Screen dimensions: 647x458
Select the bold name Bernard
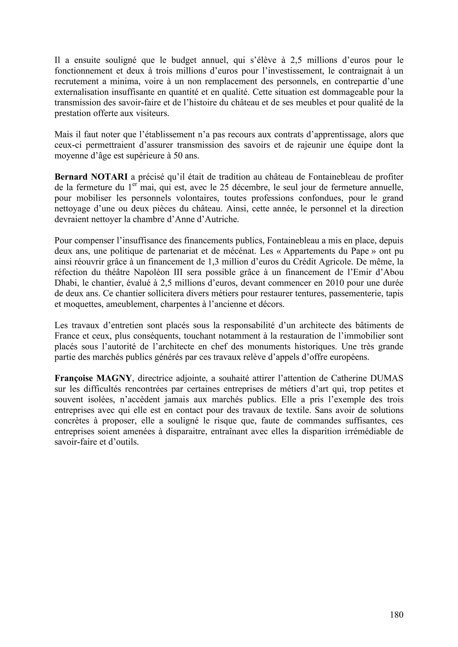pyautogui.click(x=71, y=177)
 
